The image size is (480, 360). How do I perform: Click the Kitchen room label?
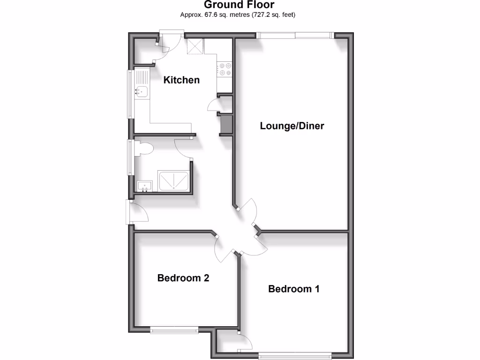pyautogui.click(x=181, y=80)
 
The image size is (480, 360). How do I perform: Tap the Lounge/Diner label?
pyautogui.click(x=292, y=126)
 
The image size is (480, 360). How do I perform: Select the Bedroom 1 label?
pyautogui.click(x=294, y=289)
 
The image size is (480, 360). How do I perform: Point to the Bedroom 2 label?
pyautogui.click(x=183, y=278)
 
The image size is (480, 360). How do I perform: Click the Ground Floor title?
pyautogui.click(x=240, y=5)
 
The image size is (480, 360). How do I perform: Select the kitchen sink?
pyautogui.click(x=142, y=91)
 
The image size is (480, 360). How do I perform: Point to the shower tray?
pyautogui.click(x=174, y=181)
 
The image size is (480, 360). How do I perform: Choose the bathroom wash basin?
pyautogui.click(x=145, y=186)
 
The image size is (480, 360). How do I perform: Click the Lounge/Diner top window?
pyautogui.click(x=294, y=35)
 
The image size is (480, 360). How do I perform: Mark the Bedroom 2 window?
pyautogui.click(x=174, y=330)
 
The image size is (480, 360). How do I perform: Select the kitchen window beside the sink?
pyautogui.click(x=129, y=94)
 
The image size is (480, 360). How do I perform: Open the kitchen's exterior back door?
pyautogui.click(x=171, y=33)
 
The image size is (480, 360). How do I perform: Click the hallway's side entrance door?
pyautogui.click(x=128, y=212)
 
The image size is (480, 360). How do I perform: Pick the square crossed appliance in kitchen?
pyautogui.click(x=195, y=46)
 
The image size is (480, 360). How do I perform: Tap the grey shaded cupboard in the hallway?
pyautogui.click(x=226, y=124)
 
